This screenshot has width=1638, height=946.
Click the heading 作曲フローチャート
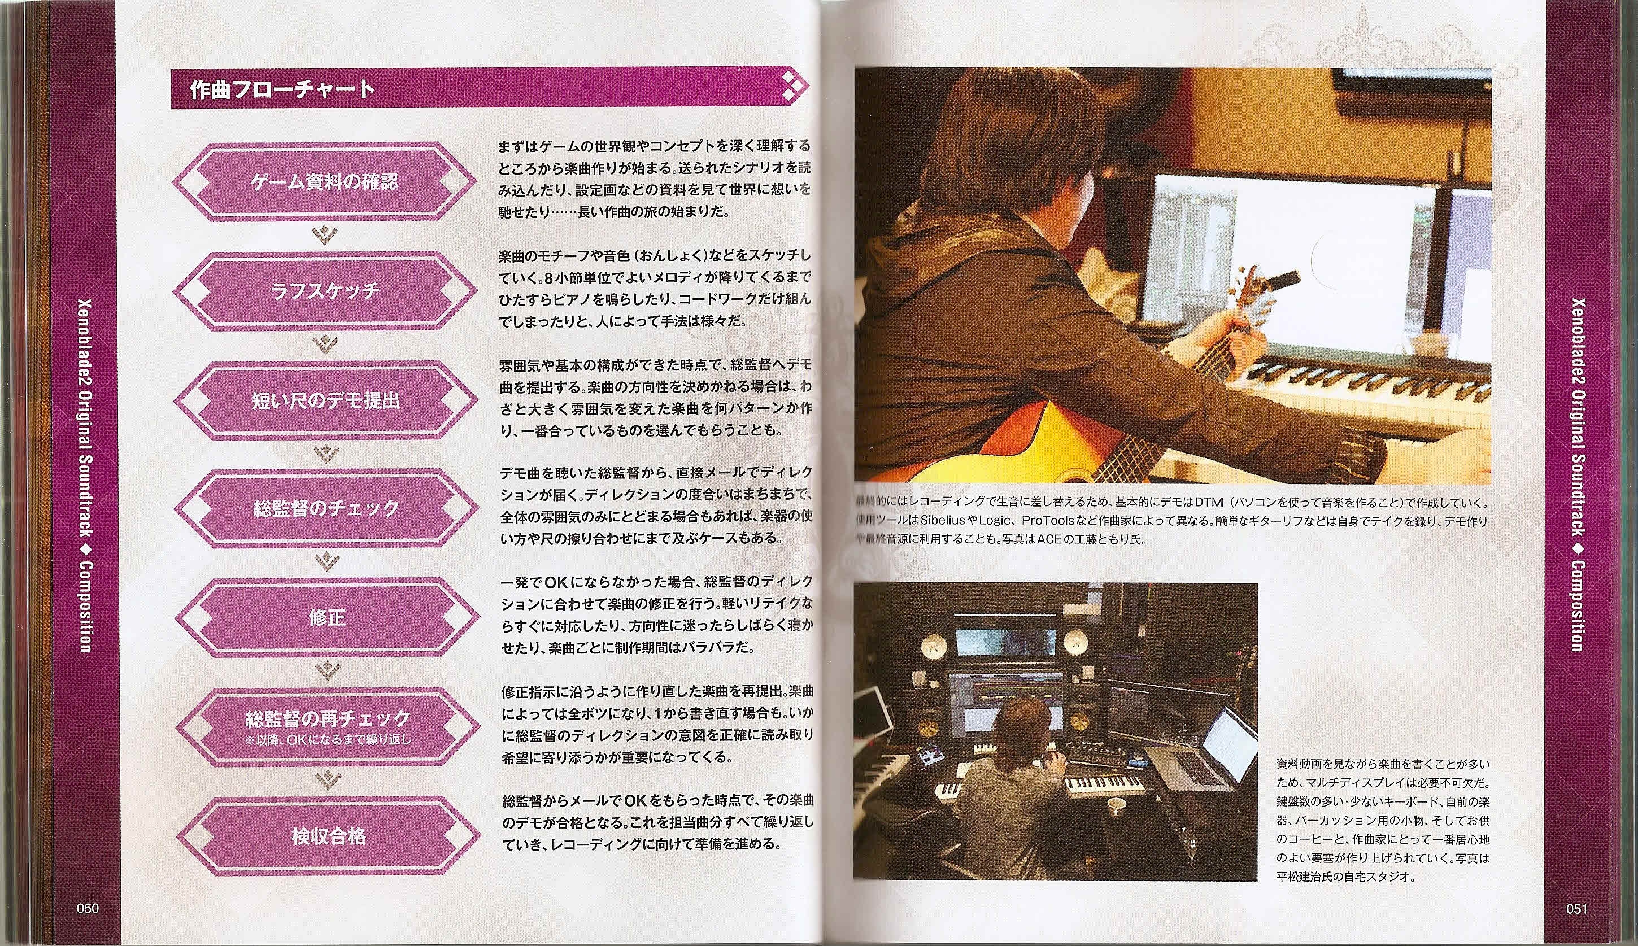(282, 88)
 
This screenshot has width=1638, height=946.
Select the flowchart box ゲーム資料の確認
(325, 181)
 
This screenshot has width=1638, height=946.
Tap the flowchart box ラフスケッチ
(325, 290)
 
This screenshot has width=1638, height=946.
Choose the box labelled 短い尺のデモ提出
(325, 400)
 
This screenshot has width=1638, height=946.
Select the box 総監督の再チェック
(328, 726)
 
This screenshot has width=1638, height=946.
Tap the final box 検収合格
(329, 835)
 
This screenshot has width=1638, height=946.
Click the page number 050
(87, 908)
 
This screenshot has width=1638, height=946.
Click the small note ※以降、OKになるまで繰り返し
(328, 739)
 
